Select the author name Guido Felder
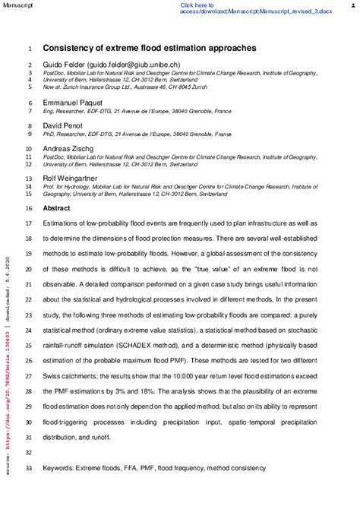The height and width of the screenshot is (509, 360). [x=64, y=65]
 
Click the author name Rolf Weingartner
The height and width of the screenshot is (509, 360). [x=69, y=179]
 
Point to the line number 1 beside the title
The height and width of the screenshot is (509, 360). [x=29, y=48]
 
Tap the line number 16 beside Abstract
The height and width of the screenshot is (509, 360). [x=29, y=207]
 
